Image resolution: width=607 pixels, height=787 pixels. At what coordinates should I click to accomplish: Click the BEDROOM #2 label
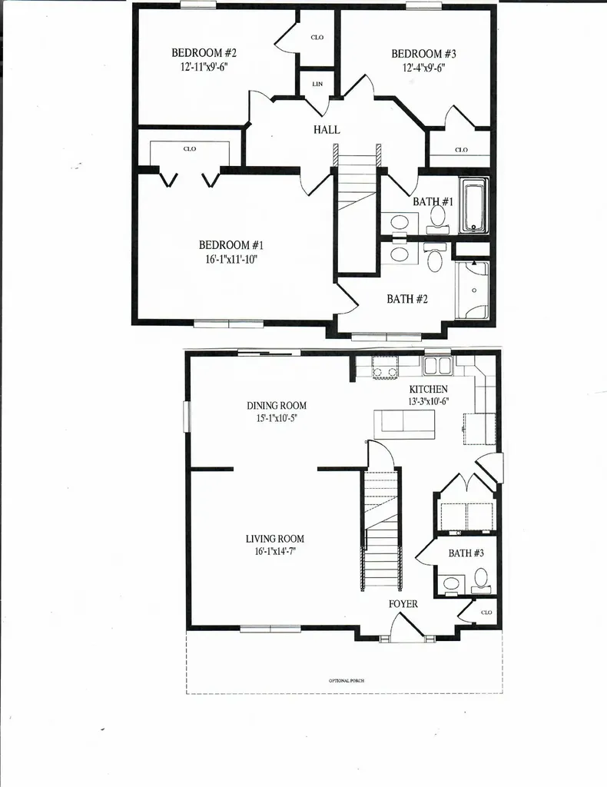(204, 53)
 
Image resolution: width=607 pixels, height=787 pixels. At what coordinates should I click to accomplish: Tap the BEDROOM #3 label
(423, 54)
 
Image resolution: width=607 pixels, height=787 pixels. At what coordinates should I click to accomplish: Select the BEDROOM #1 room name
(231, 245)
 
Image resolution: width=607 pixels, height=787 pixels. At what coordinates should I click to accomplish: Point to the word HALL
(327, 130)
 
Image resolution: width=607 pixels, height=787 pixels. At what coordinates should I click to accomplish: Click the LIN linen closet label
(317, 84)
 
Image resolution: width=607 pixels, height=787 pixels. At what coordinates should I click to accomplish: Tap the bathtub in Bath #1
(474, 205)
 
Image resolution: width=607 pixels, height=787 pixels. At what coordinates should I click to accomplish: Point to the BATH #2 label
(407, 299)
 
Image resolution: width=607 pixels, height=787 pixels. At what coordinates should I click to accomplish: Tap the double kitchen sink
(437, 365)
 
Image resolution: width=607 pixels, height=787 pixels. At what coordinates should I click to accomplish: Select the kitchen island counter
(404, 423)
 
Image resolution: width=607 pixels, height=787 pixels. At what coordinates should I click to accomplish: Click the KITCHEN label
(428, 390)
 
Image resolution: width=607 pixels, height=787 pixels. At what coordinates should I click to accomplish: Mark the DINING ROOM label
(277, 406)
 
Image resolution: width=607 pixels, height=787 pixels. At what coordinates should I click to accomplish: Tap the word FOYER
(403, 604)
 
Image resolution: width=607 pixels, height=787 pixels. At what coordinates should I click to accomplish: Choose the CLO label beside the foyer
(486, 613)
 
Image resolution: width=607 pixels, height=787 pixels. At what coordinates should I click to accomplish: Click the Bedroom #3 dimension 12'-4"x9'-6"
(423, 67)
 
